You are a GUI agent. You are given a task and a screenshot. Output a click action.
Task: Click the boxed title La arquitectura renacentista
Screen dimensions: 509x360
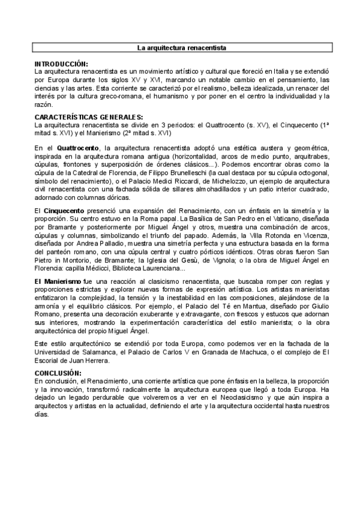point(181,47)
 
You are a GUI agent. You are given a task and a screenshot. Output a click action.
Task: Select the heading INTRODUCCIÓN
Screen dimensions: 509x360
point(61,64)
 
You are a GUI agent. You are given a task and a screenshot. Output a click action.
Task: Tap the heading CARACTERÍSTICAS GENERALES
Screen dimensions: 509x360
point(89,116)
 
